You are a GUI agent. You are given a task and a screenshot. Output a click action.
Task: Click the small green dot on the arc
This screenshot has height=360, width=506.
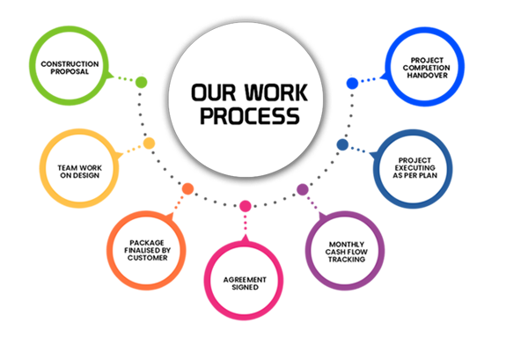[141, 82]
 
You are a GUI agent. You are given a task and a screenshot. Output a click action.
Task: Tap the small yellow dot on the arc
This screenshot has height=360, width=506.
[149, 143]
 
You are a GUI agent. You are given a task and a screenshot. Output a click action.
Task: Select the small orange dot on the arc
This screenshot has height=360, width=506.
[187, 188]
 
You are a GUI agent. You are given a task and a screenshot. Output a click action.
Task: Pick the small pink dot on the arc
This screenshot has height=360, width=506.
[246, 206]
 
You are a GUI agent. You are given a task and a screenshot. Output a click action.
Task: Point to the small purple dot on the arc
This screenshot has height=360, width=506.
[303, 189]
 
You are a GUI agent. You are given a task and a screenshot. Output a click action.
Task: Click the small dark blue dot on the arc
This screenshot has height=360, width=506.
[342, 144]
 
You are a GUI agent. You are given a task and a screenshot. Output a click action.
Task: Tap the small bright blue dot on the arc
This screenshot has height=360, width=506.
[352, 83]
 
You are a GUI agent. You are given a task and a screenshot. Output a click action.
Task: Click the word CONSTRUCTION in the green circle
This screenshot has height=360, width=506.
[70, 64]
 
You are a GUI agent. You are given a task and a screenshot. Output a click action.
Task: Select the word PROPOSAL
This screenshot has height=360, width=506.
[70, 71]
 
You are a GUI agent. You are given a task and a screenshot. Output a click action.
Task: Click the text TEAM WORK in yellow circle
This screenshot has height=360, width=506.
[80, 168]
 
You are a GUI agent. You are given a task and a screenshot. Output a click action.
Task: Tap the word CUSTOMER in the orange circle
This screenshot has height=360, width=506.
[148, 258]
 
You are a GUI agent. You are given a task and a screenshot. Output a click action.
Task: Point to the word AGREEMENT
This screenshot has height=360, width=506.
[245, 280]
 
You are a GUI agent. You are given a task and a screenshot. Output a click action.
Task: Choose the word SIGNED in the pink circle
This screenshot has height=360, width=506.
[246, 287]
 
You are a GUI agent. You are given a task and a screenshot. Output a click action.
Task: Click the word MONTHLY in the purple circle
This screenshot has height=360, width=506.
[347, 245]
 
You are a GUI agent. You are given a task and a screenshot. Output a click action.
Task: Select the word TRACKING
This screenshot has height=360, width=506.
[347, 260]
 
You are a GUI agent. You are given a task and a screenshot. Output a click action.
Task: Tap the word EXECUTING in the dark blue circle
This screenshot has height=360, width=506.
[415, 168]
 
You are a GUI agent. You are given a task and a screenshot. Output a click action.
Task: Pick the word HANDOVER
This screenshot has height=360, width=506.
[428, 75]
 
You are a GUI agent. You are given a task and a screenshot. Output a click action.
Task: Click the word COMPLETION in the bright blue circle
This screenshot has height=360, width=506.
[426, 68]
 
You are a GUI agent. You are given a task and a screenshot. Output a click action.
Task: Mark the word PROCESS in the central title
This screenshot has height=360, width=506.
[250, 116]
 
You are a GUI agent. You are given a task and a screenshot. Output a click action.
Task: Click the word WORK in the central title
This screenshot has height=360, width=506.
[276, 92]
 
